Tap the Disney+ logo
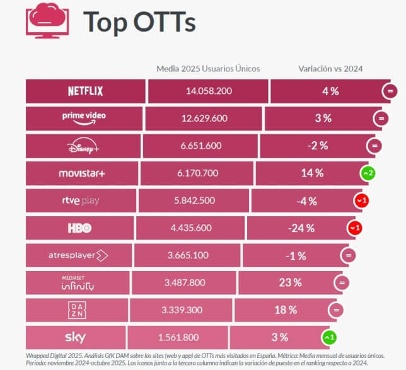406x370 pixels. pos(83,146)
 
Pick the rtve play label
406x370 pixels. pos(80,200)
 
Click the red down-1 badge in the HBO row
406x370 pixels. pos(355,228)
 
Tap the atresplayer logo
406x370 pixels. pos(79,255)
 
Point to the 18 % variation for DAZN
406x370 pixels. pos(285,309)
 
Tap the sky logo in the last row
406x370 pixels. pos(75,337)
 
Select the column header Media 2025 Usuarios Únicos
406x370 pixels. pos(208,68)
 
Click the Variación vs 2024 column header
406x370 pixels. pos(331,68)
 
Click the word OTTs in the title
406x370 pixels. pos(165,21)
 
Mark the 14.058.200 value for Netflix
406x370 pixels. pos(209,91)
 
